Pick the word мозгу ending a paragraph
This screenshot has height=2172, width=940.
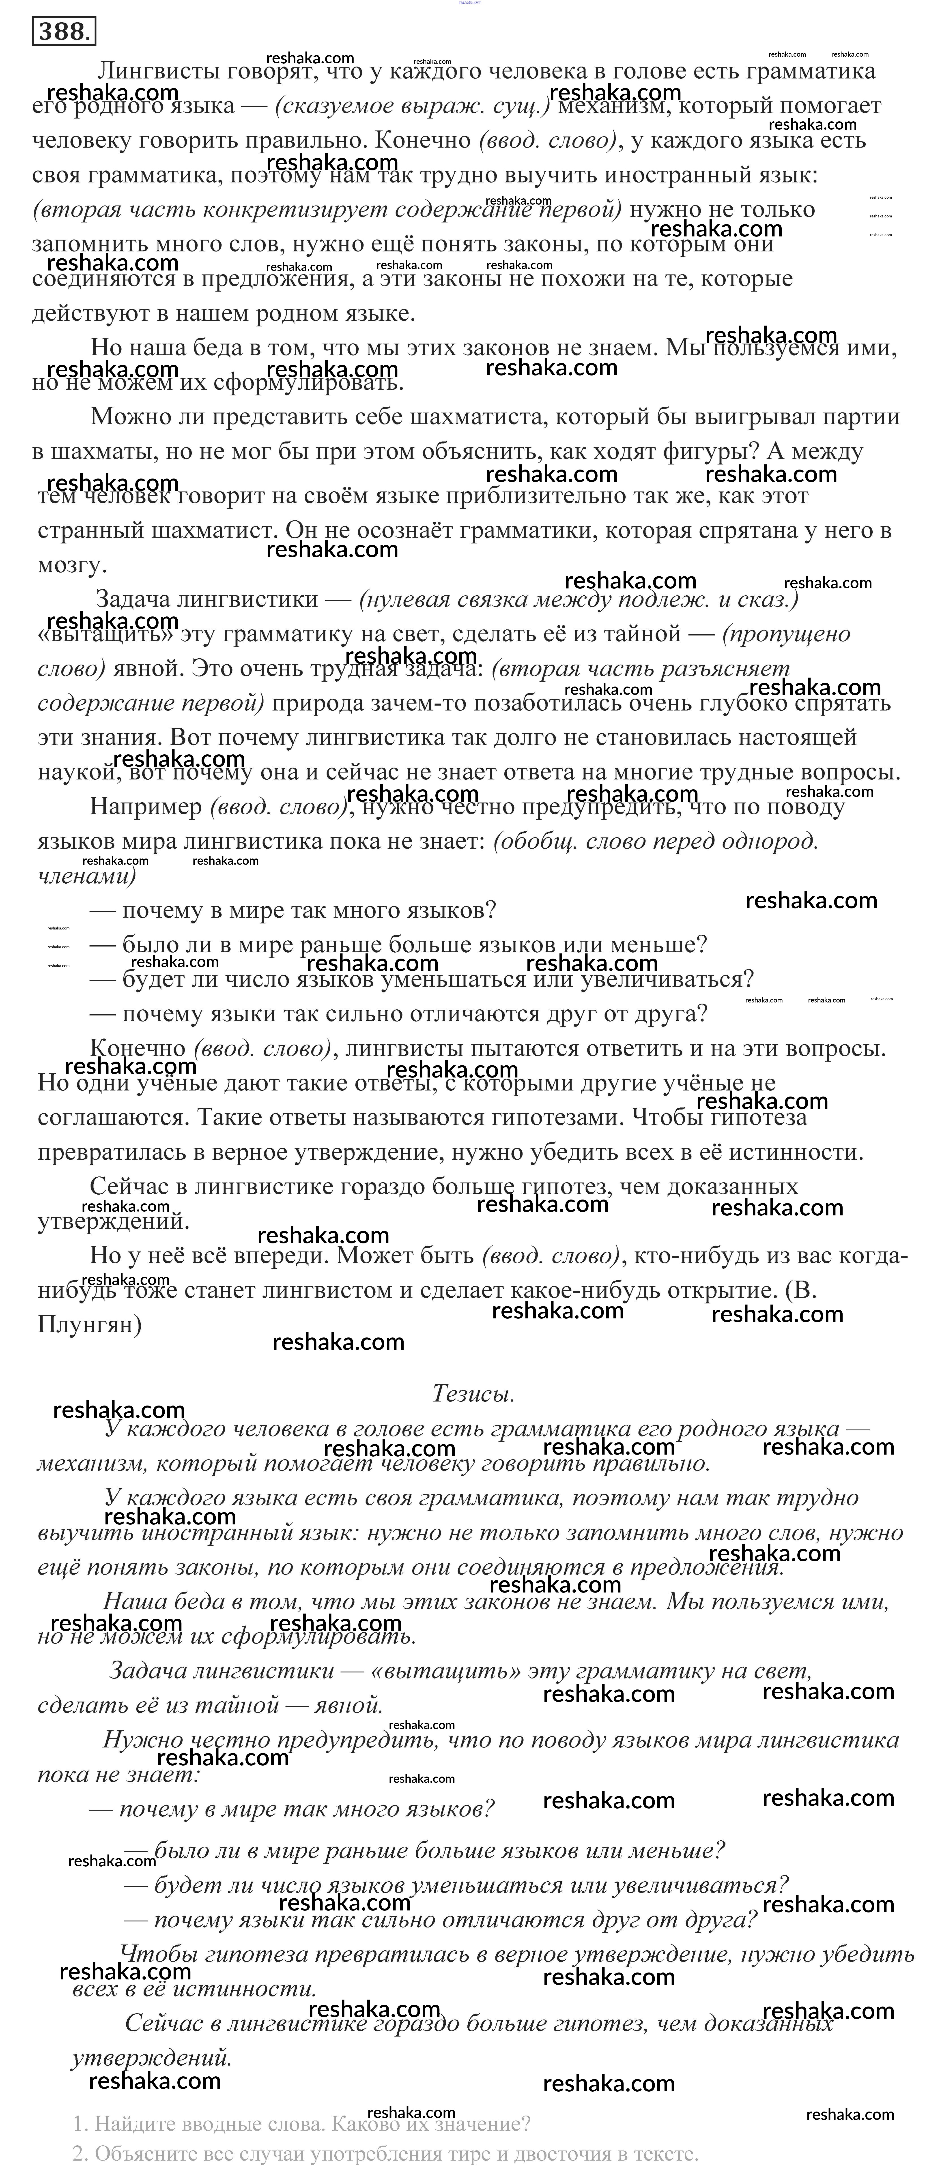(69, 565)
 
